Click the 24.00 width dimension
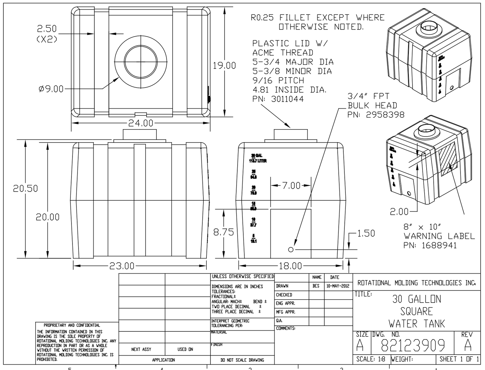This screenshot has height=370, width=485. tap(141, 123)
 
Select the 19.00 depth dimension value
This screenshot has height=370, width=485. tap(225, 65)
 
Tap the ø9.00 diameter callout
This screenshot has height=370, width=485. tap(51, 89)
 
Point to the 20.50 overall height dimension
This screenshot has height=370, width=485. tap(26, 189)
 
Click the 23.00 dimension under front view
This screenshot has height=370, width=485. tap(122, 266)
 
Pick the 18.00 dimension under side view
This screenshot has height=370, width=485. tap(290, 266)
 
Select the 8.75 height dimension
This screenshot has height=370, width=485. tap(224, 232)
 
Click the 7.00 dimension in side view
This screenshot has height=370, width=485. tap(291, 186)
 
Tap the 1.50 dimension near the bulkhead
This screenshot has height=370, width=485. tap(366, 233)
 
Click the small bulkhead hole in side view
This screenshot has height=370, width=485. tap(291, 250)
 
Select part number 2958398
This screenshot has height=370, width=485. tap(385, 115)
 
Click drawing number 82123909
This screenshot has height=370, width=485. tap(413, 345)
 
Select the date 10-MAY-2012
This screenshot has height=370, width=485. tap(338, 286)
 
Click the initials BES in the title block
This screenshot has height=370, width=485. tap(316, 286)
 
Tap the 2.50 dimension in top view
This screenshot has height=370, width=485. tap(47, 29)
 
